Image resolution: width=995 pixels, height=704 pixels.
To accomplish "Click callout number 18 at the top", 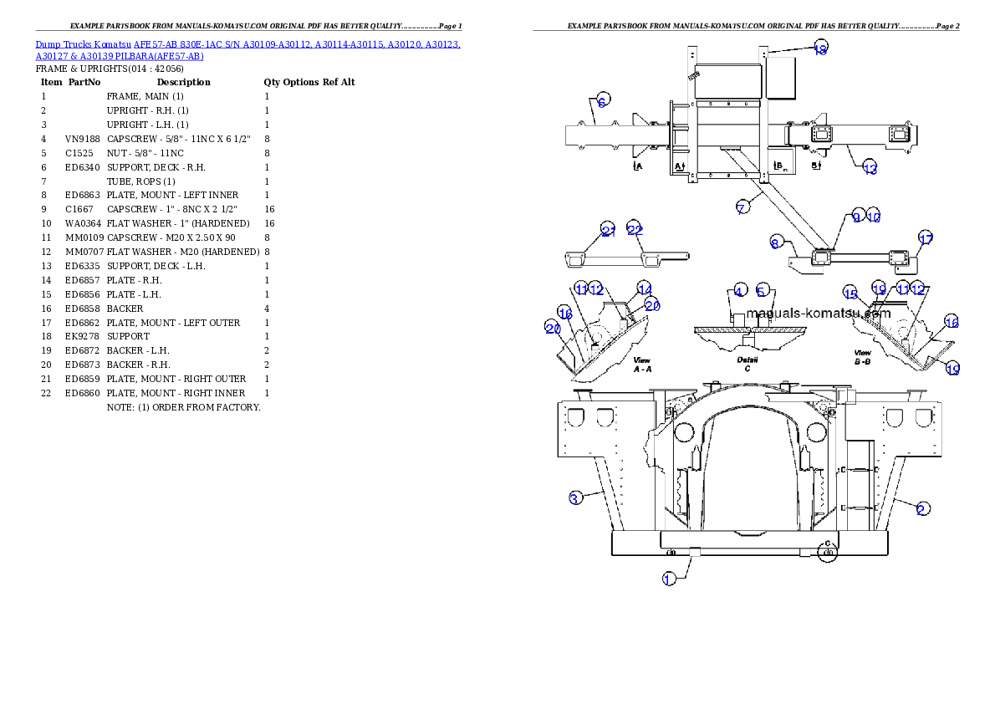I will click(x=820, y=49).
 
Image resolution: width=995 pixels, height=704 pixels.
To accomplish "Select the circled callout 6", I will click(x=603, y=99).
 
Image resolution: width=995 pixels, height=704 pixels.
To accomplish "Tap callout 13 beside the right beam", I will click(x=870, y=169).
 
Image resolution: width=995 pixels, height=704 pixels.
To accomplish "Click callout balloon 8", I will click(x=776, y=243).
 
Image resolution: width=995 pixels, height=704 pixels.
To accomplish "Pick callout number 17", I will click(x=925, y=238).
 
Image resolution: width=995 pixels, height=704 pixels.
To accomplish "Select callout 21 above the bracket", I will click(x=608, y=231).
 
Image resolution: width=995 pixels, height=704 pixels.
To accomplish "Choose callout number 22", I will click(x=635, y=231).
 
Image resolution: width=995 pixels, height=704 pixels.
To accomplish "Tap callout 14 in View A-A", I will click(x=643, y=288).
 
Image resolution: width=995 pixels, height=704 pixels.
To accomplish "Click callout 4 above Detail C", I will click(x=738, y=291).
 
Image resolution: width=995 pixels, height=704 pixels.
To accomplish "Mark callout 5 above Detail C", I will click(x=762, y=291).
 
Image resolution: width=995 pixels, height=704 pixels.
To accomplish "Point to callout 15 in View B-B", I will click(x=850, y=293).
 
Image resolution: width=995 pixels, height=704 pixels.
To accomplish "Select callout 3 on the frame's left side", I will click(x=574, y=499).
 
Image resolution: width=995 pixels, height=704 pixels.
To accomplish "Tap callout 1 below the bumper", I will click(x=669, y=579).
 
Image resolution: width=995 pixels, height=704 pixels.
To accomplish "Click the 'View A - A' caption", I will click(x=642, y=364).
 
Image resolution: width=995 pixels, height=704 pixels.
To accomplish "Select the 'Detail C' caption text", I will click(x=748, y=364).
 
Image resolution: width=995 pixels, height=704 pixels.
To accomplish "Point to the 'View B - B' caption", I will click(x=863, y=358).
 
